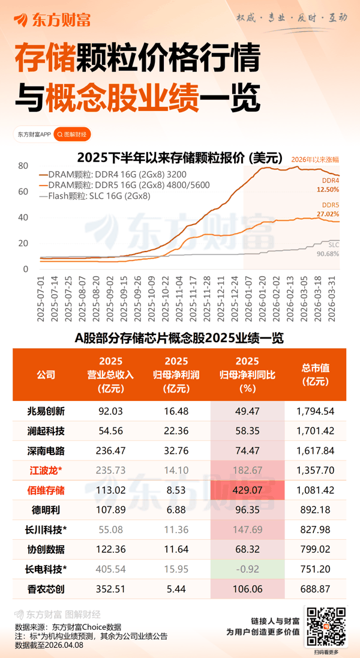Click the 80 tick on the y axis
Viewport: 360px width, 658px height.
24,166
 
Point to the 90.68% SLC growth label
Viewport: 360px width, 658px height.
327,254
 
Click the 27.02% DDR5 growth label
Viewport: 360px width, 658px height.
327,213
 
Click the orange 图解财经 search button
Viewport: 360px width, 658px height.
71,134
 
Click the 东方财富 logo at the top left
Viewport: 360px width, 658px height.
53,20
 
